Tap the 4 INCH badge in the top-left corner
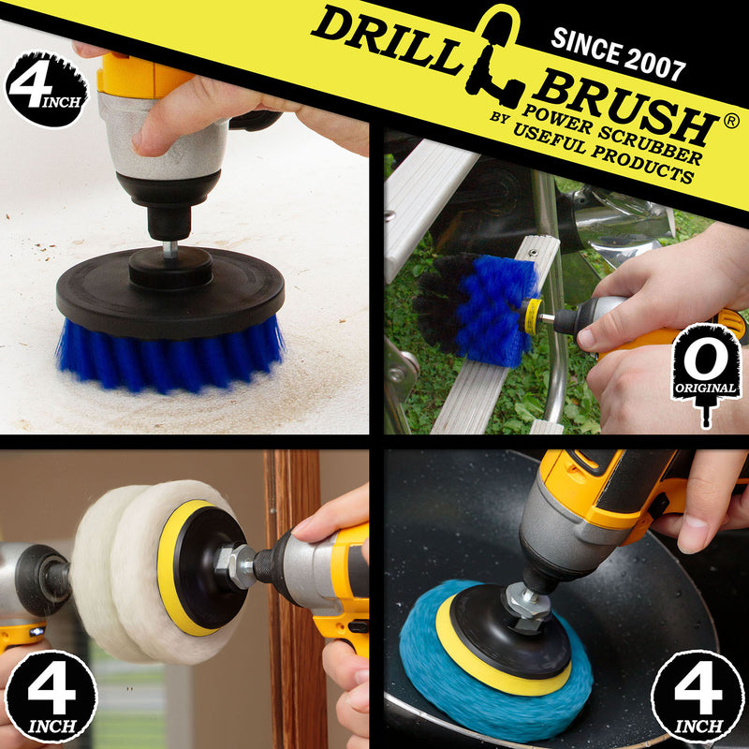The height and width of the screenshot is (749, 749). pos(45,89)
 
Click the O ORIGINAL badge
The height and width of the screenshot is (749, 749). pos(706,370)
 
